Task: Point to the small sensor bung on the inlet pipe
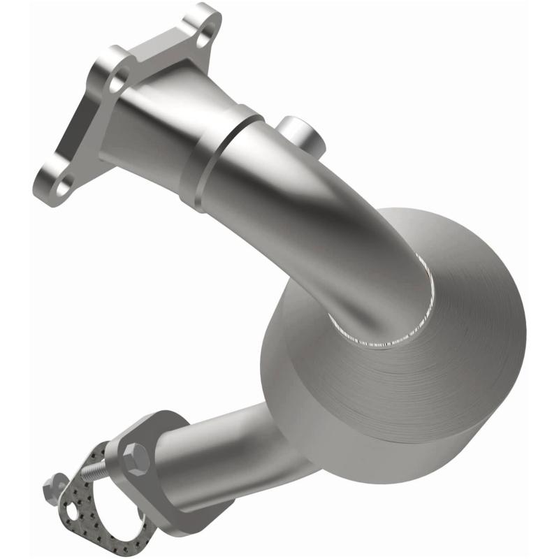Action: (302, 133)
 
